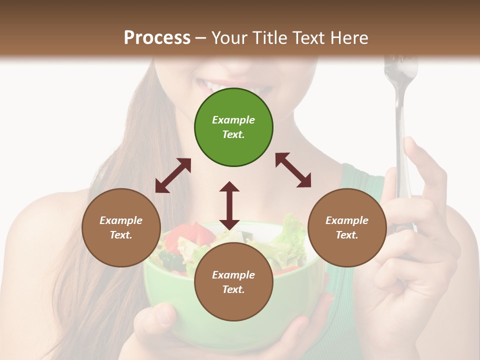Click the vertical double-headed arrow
tap(229, 205)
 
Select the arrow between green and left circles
tap(173, 175)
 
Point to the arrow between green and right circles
tap(293, 170)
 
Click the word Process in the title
tap(157, 37)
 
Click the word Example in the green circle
tap(233, 120)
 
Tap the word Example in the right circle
tap(347, 220)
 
